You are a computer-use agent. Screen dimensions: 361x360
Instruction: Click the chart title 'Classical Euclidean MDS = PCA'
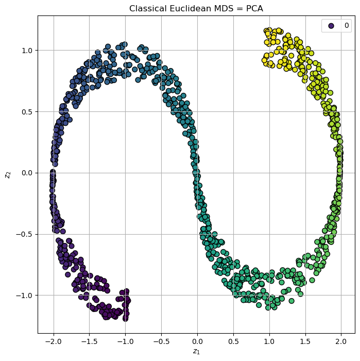click(196, 8)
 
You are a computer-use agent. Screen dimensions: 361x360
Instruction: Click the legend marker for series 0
click(331, 25)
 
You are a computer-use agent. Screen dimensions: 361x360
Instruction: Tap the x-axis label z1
click(196, 352)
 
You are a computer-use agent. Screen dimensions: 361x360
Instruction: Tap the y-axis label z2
click(7, 174)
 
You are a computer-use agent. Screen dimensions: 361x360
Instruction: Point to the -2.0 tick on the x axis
click(53, 341)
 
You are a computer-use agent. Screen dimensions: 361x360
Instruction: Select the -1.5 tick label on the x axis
click(89, 341)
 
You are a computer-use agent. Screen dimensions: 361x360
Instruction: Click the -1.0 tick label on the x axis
click(125, 341)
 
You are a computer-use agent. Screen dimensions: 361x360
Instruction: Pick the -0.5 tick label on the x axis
click(161, 341)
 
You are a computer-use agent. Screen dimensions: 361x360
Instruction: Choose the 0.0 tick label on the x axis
click(197, 341)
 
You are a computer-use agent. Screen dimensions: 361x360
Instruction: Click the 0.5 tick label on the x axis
click(233, 341)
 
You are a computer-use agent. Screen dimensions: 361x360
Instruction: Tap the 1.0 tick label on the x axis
click(269, 341)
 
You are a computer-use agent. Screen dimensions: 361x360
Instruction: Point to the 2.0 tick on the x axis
click(341, 341)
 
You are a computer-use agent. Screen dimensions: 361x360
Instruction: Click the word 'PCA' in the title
click(254, 8)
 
